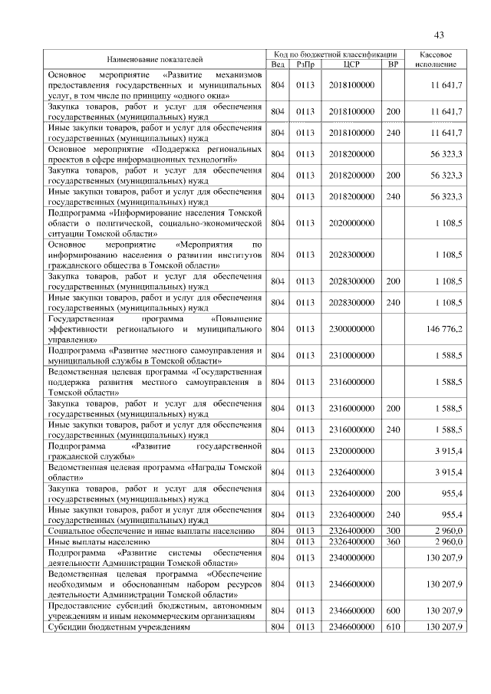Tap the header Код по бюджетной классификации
335,54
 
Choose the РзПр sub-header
305,64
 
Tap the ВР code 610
393,627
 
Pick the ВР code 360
393,541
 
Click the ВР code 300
393,530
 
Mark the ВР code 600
393,611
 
